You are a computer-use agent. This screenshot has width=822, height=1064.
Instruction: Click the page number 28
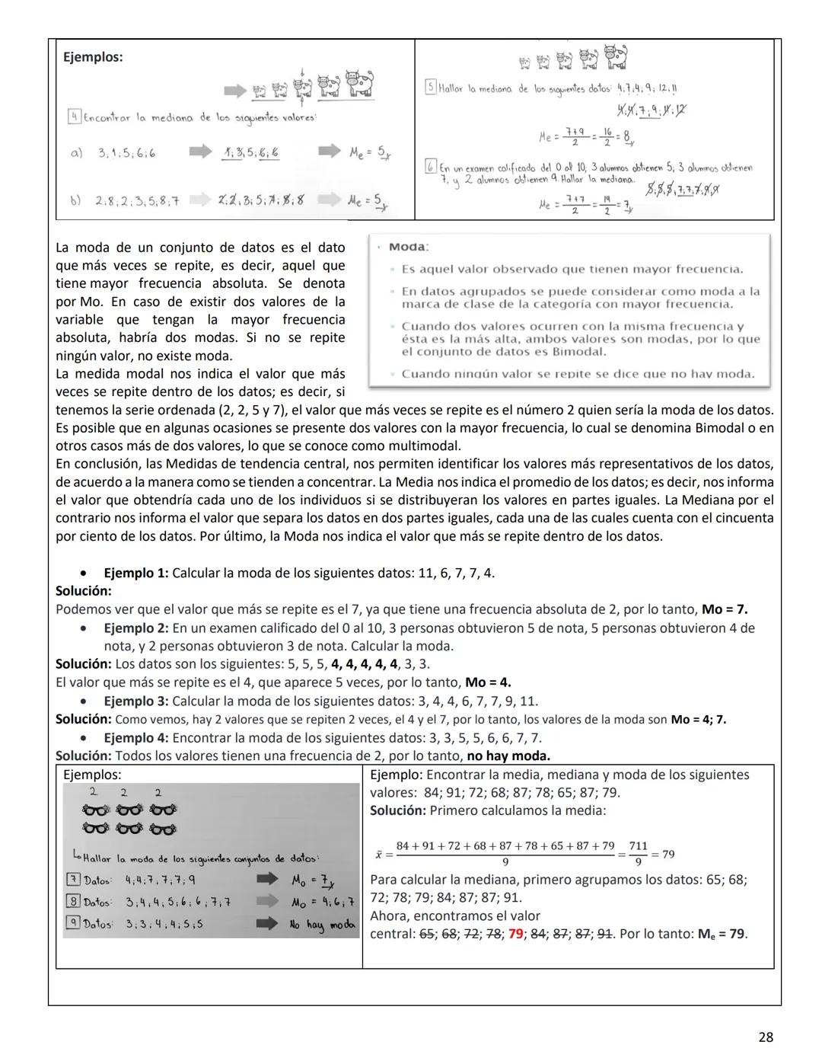[766, 1037]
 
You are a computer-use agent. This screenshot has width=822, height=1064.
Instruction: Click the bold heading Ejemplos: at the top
[93, 57]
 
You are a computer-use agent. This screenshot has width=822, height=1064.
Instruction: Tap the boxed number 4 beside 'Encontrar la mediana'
[74, 117]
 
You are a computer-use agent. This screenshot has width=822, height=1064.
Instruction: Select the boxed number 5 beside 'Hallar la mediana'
[430, 88]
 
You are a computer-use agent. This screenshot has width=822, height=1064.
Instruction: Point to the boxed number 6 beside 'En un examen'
[430, 167]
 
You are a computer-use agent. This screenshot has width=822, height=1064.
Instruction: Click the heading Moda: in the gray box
[409, 247]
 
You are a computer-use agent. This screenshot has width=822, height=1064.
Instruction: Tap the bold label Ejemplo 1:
[135, 573]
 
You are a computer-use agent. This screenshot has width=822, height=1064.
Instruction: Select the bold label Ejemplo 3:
[135, 701]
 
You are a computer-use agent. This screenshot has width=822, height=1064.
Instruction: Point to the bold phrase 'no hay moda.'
[508, 756]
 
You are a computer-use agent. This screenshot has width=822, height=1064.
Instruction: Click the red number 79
[515, 934]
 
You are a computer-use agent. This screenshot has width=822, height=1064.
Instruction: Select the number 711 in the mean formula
[638, 846]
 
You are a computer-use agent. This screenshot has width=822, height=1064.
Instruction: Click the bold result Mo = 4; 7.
[698, 719]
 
